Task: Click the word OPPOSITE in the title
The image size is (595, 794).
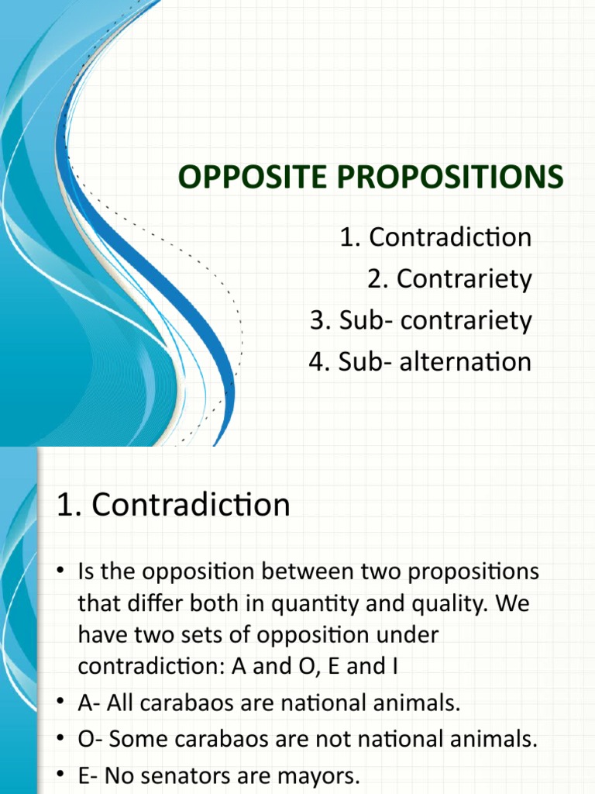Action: (249, 178)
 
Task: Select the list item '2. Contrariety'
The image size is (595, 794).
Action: (449, 279)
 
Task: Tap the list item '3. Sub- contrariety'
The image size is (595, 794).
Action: (421, 321)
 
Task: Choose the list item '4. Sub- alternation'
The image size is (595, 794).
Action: (420, 362)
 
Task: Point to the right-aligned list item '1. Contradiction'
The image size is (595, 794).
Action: (435, 237)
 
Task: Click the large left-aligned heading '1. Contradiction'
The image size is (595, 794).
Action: (174, 506)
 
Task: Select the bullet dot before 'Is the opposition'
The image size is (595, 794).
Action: (62, 572)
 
